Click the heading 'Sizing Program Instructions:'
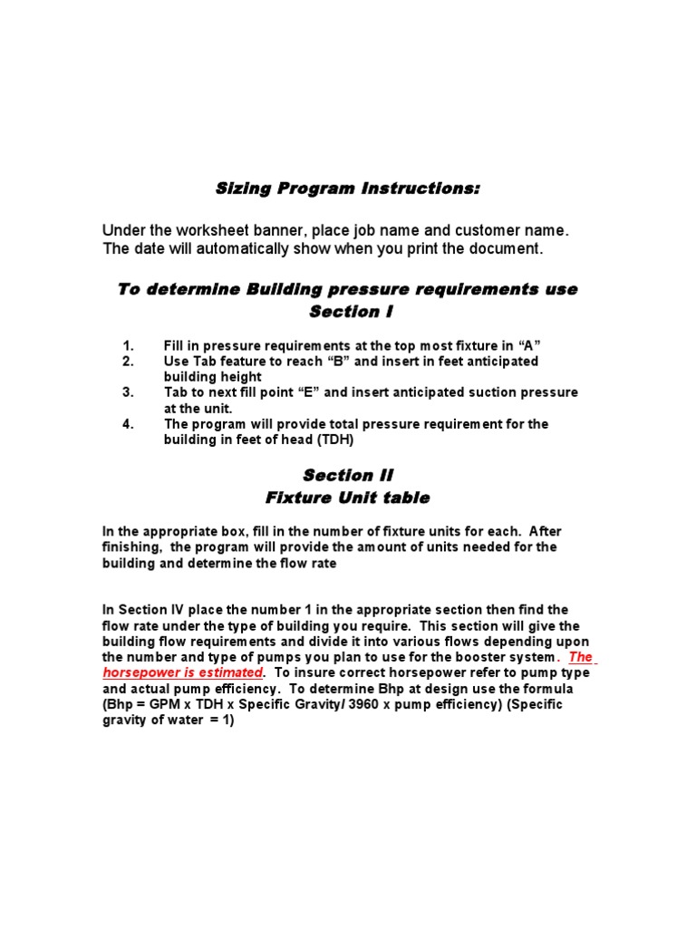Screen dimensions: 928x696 (x=347, y=189)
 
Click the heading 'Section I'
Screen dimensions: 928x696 (x=348, y=312)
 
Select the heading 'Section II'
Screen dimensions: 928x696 (x=348, y=475)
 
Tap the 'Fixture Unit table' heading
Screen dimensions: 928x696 (x=348, y=498)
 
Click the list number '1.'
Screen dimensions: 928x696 (x=128, y=345)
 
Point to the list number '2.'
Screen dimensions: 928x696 (x=128, y=361)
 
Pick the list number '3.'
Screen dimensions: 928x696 (x=128, y=392)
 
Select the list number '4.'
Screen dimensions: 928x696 (x=128, y=423)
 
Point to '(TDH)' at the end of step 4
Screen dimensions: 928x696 (x=334, y=440)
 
